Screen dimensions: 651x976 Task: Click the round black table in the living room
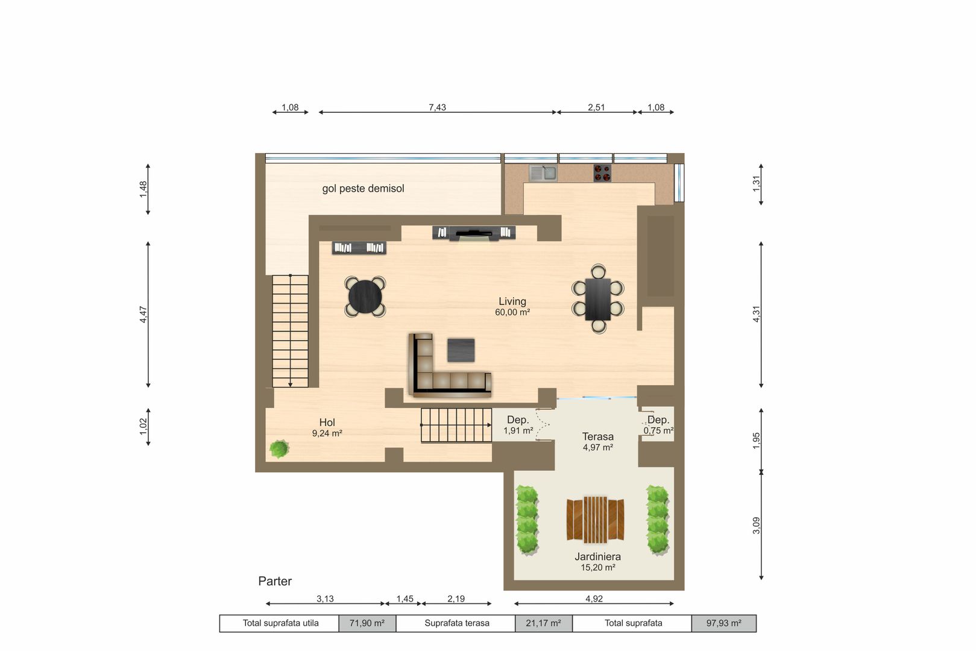pos(365,297)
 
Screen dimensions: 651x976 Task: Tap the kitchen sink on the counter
pos(543,174)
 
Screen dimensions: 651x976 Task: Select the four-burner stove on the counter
pos(602,173)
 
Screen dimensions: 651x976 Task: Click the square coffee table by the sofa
pos(461,350)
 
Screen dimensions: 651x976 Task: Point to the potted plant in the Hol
pos(279,448)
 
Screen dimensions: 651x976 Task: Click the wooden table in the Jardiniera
pos(595,518)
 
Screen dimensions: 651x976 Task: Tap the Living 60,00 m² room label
pos(512,306)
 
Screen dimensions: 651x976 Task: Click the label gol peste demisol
pos(363,189)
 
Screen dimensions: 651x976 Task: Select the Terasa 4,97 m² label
pos(597,441)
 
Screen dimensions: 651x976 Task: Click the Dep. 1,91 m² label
pos(518,425)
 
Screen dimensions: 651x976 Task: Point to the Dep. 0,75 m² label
pos(658,425)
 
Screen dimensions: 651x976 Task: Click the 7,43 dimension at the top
pos(437,107)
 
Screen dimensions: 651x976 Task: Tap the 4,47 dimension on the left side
pos(143,314)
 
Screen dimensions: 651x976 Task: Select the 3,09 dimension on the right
pos(757,525)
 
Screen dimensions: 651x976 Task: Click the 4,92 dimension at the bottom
pos(594,599)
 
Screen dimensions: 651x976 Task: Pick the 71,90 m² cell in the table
pos(367,623)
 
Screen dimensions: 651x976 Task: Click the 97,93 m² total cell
pos(723,623)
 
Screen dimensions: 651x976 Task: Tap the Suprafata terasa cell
pos(456,623)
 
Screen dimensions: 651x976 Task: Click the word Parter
pos(275,581)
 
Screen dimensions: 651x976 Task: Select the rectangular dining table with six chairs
pos(597,299)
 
